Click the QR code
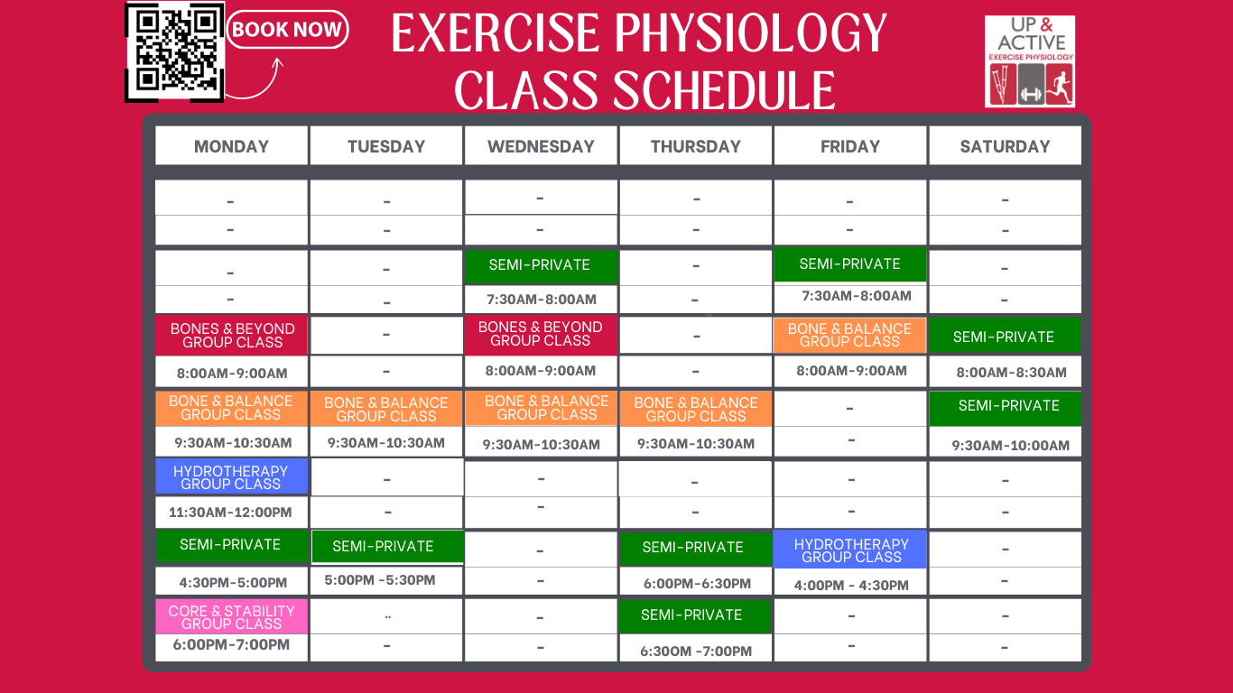point(174,51)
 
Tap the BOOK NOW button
point(287,30)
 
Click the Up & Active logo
point(1030,61)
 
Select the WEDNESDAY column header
point(541,146)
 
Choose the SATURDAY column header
point(1005,146)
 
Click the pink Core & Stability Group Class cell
point(231,617)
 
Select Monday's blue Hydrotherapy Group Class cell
point(231,477)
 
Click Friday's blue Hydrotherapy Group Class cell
point(850,550)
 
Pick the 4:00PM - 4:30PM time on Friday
point(851,585)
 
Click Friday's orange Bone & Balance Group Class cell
point(849,335)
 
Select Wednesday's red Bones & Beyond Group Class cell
point(541,334)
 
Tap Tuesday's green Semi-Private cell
point(386,547)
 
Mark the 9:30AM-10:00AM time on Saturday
point(1011,445)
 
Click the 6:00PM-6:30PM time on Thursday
point(697,584)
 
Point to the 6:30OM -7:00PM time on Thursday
point(696,651)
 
